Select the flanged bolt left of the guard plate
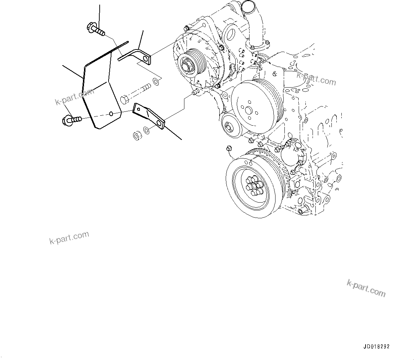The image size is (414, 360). [x=72, y=120]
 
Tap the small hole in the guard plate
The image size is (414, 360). [x=111, y=114]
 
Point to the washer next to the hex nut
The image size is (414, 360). [x=146, y=130]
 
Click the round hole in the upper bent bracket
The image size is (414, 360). [x=145, y=57]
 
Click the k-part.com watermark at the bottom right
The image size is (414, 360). [x=366, y=288]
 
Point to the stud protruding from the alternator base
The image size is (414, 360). [x=195, y=93]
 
